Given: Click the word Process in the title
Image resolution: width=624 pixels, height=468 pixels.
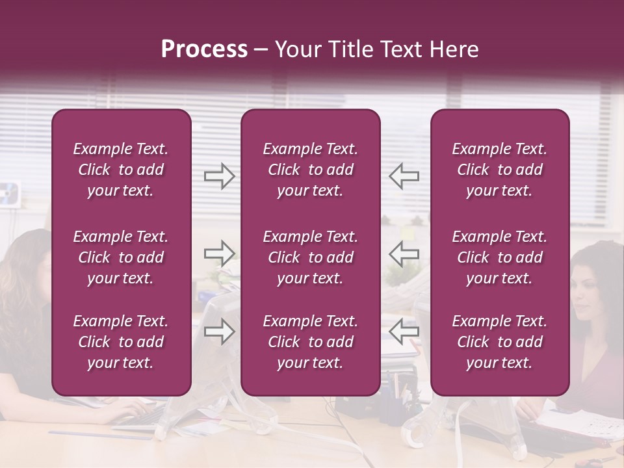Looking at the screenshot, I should tap(204, 49).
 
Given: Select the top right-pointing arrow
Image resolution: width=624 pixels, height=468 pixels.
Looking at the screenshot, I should tap(219, 175).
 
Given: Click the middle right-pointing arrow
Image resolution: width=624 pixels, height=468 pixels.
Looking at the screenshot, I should tap(219, 253).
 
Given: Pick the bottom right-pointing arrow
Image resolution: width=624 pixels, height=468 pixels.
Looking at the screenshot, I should tap(219, 331).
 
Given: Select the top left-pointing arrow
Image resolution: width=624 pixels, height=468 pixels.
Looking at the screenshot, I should tap(404, 175).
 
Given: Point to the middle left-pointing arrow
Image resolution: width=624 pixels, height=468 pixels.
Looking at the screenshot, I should tap(404, 253).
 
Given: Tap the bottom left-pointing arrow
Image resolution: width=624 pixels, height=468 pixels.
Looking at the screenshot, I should tap(404, 331).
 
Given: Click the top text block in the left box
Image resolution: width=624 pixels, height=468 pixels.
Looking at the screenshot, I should tap(121, 170).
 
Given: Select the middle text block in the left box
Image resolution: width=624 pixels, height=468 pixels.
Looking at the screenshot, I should tap(121, 257).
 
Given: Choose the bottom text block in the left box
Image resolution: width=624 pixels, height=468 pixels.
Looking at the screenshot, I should tap(121, 342).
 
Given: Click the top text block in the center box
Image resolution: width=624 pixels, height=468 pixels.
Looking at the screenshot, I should tap(311, 170).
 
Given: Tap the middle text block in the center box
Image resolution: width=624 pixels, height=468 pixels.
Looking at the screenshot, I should tap(311, 257).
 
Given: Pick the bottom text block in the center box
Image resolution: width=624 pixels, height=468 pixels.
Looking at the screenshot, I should tap(311, 342).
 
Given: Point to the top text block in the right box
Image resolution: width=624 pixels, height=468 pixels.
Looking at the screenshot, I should tap(500, 170).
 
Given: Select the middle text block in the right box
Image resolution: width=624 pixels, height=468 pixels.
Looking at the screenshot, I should tap(500, 257).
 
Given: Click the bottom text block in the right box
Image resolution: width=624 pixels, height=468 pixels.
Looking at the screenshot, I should tap(500, 342).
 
